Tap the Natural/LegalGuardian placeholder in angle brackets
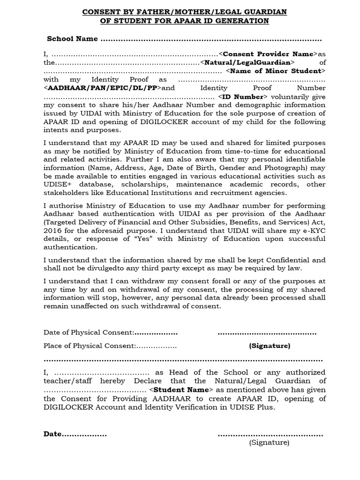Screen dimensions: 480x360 [x=247, y=62]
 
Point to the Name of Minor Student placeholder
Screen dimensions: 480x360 [x=276, y=71]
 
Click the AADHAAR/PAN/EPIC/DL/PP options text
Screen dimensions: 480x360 [x=103, y=88]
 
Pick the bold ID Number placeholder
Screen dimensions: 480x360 [x=239, y=96]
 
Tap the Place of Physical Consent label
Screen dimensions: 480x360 [x=90, y=346]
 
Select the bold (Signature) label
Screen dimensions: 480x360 [x=270, y=346]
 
